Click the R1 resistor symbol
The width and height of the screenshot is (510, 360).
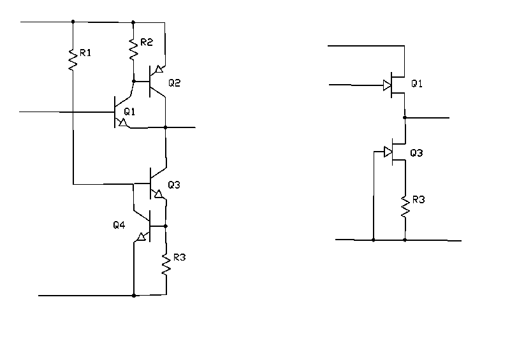73,59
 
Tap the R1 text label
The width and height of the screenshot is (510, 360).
85,53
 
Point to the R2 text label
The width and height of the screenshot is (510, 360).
147,43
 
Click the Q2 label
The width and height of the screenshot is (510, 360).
175,83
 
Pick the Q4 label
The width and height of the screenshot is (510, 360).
119,225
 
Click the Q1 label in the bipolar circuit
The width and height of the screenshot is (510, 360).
130,112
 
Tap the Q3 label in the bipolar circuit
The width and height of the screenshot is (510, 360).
174,185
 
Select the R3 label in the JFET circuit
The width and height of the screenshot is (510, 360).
419,200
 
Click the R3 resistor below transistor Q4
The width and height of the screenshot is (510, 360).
166,264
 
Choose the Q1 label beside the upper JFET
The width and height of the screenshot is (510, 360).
417,83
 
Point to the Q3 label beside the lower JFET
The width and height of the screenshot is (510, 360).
417,153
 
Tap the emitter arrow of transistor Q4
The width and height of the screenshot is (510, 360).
140,238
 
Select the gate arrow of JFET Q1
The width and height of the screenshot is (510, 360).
387,85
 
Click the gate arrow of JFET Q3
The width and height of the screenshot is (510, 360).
387,152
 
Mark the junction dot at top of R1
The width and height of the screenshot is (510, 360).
73,22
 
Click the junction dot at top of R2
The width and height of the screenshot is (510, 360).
134,22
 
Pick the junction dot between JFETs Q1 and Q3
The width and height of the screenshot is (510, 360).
404,118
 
